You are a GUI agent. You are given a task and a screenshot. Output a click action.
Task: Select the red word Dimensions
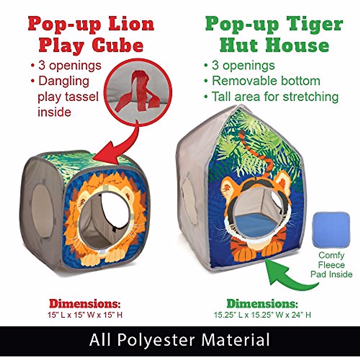coord(85,304)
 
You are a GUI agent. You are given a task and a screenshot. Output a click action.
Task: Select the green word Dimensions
coord(262,304)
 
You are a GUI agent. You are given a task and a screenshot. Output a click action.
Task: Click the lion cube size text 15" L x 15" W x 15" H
coord(85,315)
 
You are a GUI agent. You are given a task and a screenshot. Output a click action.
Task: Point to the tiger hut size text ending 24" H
coord(262,315)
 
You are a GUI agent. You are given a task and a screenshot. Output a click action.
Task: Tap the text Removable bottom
coord(266,81)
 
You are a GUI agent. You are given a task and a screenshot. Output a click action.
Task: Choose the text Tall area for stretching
coord(275,97)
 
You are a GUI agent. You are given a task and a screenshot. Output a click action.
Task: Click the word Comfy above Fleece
coord(331,256)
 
